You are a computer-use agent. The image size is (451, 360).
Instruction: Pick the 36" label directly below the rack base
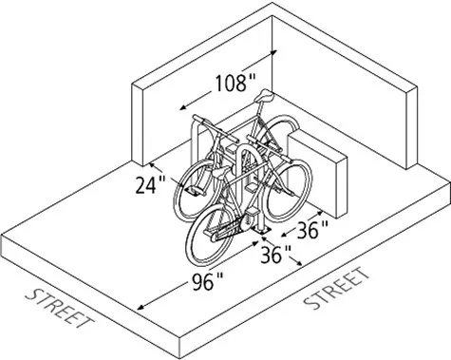click(276, 256)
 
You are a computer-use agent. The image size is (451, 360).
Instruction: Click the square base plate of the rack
click(261, 229)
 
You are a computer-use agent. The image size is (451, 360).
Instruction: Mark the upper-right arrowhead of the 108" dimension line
click(274, 54)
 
